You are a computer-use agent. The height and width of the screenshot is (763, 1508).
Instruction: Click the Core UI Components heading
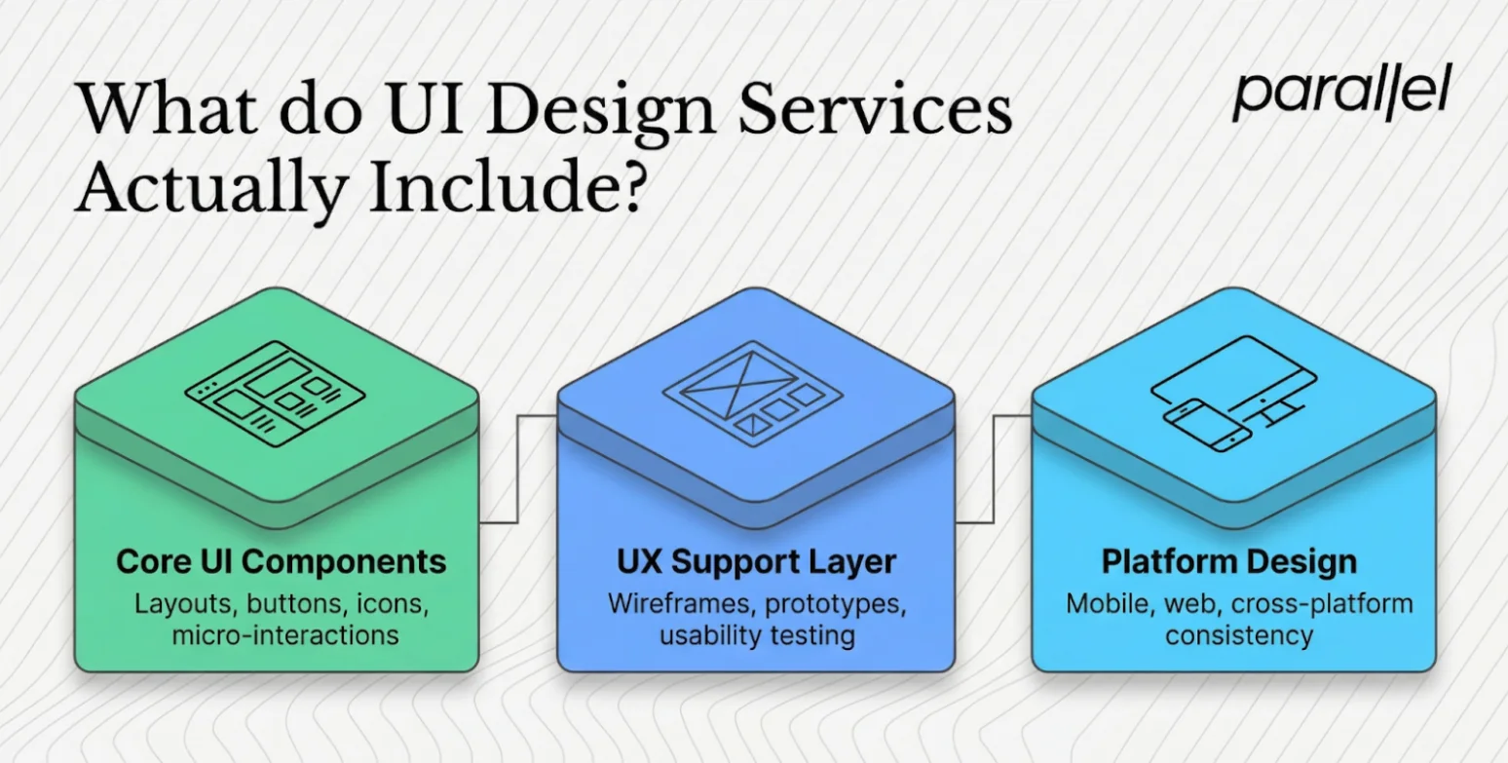coord(281,561)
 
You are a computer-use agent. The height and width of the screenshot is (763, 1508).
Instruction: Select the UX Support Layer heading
coord(756,561)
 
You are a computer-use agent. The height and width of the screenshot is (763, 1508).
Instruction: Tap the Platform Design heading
coord(1228,561)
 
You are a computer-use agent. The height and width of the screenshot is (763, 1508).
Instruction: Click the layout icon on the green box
coord(276,393)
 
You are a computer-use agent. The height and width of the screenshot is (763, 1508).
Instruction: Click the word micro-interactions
coord(284,635)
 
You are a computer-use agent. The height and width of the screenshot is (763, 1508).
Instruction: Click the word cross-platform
coord(1321,604)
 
